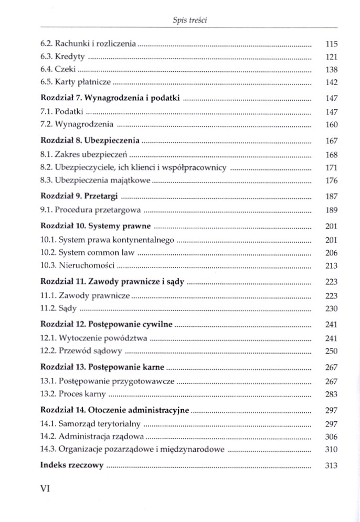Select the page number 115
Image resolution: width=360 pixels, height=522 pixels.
[331, 45]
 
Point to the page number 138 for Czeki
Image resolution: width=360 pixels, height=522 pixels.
[331, 69]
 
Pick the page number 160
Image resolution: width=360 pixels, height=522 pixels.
[331, 124]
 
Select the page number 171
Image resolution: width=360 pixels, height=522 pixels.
[331, 167]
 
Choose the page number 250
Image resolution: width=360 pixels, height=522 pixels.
[331, 351]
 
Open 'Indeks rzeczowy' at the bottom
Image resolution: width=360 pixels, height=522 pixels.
[72, 465]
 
